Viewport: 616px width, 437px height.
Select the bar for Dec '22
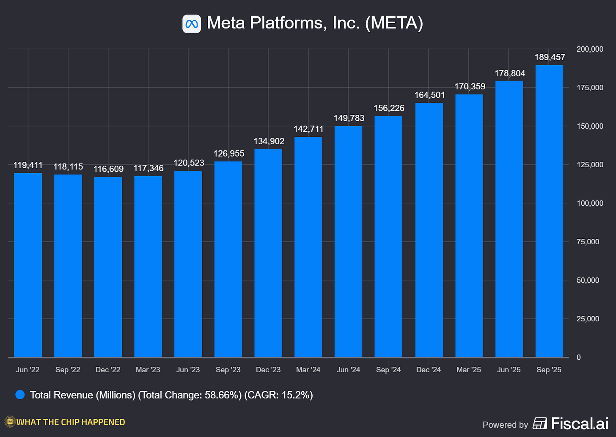pos(108,267)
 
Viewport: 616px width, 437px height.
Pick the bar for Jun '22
pos(28,265)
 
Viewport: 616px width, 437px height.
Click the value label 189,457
pos(550,57)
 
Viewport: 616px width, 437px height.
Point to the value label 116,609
pos(108,169)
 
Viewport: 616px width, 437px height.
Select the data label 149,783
pos(349,118)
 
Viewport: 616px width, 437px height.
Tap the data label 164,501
pos(429,95)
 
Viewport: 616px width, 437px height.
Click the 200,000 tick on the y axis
pos(590,49)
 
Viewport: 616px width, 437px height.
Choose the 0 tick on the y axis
pos(579,357)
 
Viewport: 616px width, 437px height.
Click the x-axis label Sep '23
pos(228,370)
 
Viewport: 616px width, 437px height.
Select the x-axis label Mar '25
pos(469,370)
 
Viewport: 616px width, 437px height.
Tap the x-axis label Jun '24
pos(348,370)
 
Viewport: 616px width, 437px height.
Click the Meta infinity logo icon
pos(192,24)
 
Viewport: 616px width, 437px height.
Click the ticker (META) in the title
pos(394,23)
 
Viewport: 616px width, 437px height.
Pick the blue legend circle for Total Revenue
pos(20,395)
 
